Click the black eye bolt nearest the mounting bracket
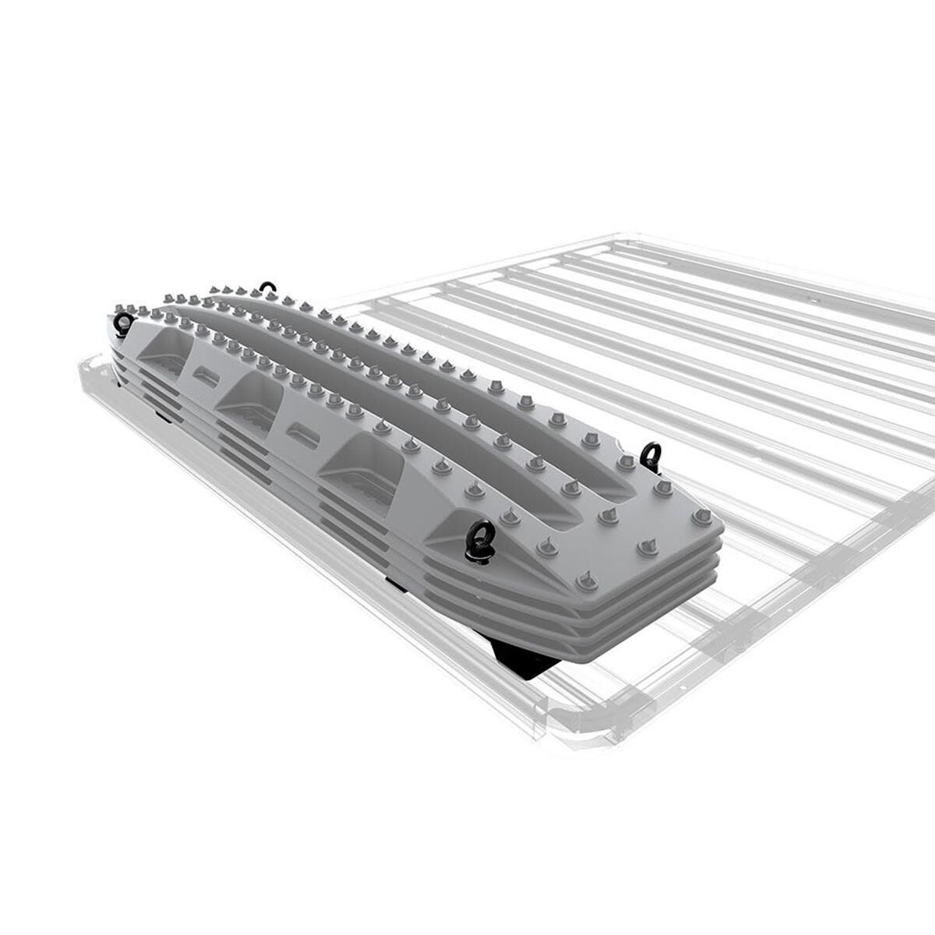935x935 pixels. pos(478,538)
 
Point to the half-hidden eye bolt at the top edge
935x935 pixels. pos(268,288)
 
